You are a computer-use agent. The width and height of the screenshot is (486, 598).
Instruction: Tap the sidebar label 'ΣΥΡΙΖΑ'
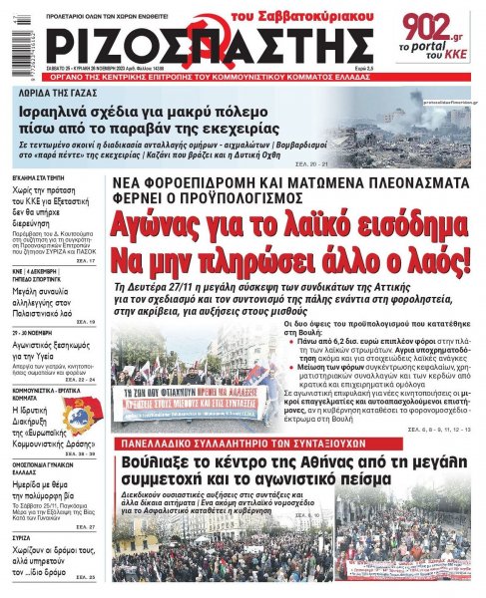coord(20,537)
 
